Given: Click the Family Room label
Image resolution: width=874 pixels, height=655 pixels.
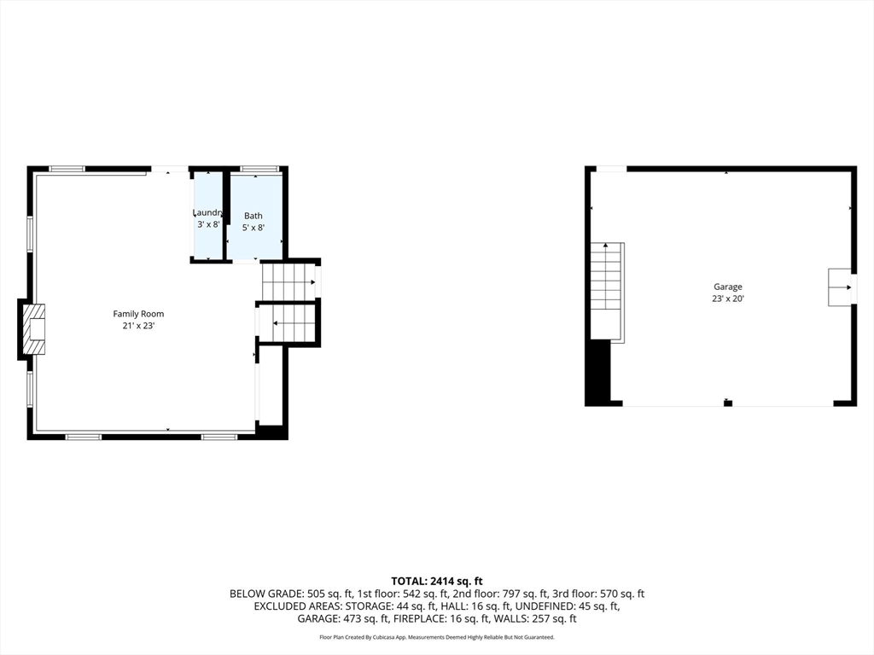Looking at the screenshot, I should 138,314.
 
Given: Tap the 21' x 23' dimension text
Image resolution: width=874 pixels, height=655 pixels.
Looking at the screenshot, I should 138,326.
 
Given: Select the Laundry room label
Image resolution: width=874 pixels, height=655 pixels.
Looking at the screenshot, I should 207,212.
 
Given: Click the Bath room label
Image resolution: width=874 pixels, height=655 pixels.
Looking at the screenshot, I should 253,216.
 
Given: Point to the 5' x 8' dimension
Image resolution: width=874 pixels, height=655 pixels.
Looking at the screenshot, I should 253,228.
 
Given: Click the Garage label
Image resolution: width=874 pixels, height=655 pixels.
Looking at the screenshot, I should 728,287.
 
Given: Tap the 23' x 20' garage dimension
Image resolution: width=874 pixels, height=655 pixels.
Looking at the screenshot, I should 728,299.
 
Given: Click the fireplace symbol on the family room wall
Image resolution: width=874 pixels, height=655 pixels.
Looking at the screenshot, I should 34,328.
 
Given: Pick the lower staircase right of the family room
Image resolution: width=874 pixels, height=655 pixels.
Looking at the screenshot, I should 288,323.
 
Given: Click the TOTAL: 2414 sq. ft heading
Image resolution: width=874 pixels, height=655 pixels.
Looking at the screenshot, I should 436,581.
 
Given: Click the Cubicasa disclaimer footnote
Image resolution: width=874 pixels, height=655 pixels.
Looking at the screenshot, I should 436,637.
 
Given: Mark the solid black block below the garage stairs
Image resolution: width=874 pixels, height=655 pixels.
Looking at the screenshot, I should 598,372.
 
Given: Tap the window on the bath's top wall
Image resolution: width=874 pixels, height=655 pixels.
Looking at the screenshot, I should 259,169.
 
